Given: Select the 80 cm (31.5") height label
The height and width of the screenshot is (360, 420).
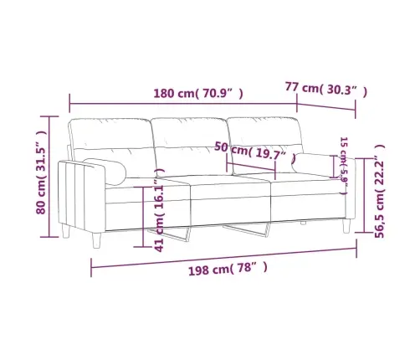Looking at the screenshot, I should click(38, 172).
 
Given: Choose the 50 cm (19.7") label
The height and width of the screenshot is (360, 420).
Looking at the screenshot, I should click(254, 152).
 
